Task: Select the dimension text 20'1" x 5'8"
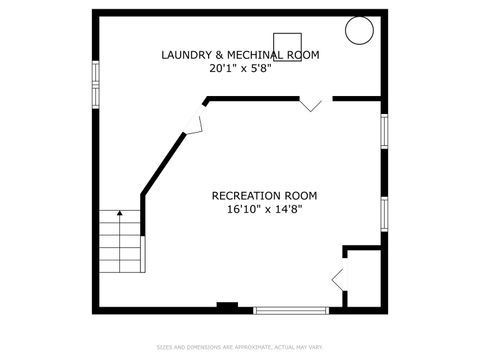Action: [239, 70]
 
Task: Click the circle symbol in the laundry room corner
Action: [358, 31]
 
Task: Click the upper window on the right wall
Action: [384, 131]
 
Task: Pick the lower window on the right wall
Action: [384, 214]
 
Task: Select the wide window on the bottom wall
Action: [291, 310]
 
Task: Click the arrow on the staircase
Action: [119, 215]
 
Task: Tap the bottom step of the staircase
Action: [121, 265]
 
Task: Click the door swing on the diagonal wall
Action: [193, 122]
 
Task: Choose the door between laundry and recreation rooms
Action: [312, 103]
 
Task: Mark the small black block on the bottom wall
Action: [228, 306]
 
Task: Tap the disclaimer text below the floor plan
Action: [240, 348]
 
